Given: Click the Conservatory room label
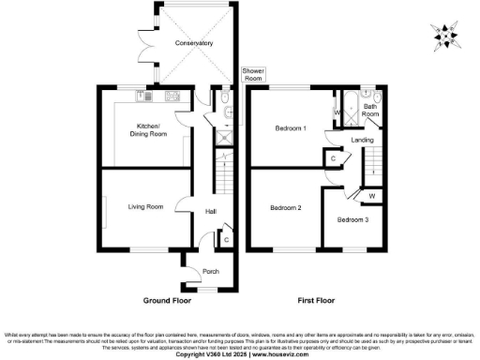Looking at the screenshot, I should tap(192, 43).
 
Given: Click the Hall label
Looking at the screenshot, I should tap(211, 212).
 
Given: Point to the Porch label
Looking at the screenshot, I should tap(210, 272).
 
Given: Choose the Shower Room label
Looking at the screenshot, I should tap(253, 75).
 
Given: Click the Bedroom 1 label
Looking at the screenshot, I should tap(291, 127).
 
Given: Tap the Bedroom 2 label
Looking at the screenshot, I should tap(285, 207).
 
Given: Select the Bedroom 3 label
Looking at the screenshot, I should tap(352, 219).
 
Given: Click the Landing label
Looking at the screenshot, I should tap(362, 140).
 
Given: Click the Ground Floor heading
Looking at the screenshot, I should tap(167, 302).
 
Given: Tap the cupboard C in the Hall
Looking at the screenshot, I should tap(227, 240).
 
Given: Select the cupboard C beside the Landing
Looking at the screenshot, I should tap(334, 158).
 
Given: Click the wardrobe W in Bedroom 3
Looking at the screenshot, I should tap(371, 195).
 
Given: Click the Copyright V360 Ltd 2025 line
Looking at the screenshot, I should tap(239, 354).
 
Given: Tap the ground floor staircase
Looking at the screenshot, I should tap(224, 174).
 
